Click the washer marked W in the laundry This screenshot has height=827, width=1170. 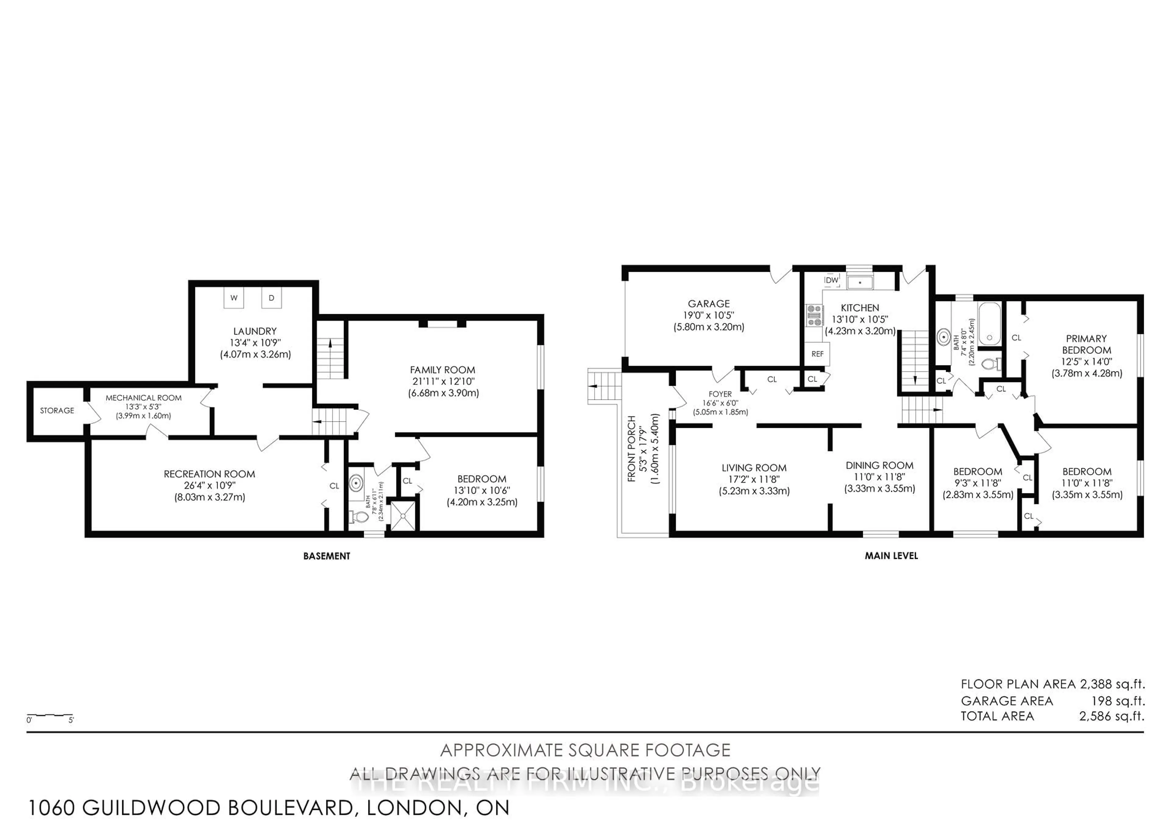click(x=234, y=298)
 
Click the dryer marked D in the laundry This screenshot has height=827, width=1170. click(x=271, y=298)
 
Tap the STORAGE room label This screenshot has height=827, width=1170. click(x=57, y=410)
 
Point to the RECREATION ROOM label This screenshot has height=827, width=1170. click(x=209, y=474)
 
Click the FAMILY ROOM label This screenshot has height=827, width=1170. click(x=442, y=370)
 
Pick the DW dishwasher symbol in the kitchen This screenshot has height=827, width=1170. click(x=831, y=280)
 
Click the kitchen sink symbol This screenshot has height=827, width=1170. click(x=860, y=282)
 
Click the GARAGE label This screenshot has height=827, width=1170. click(x=708, y=304)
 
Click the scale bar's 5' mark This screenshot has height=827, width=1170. click(x=71, y=720)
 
